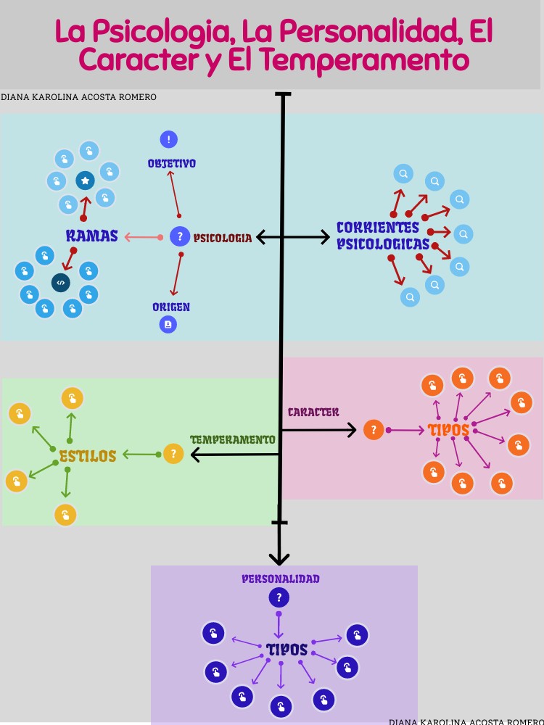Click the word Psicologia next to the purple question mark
(x=223, y=238)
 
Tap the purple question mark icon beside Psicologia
(x=179, y=236)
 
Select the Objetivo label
(x=172, y=164)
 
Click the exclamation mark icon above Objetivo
(x=169, y=139)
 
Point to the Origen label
(x=171, y=307)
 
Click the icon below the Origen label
(x=168, y=324)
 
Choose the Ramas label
(x=91, y=236)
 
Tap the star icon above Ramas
(x=85, y=180)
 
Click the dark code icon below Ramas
(x=61, y=283)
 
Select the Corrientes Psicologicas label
(x=383, y=236)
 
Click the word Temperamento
(x=232, y=439)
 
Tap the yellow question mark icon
(x=173, y=454)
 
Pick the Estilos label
(x=88, y=456)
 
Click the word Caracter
(x=313, y=412)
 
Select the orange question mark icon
(x=374, y=430)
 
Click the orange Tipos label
(x=448, y=430)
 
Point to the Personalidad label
(x=281, y=579)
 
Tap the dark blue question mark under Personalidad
(x=279, y=598)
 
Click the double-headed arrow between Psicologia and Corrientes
(x=293, y=236)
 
